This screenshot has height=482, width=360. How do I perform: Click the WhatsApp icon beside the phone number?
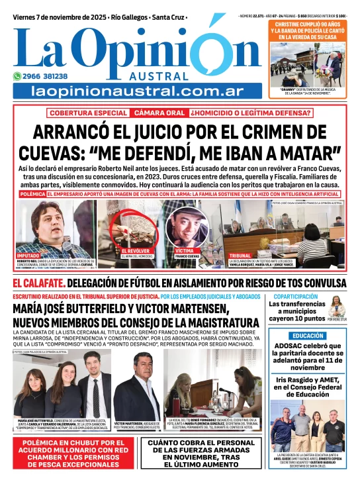click(19, 76)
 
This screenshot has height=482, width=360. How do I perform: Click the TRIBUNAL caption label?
click(240, 255)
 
